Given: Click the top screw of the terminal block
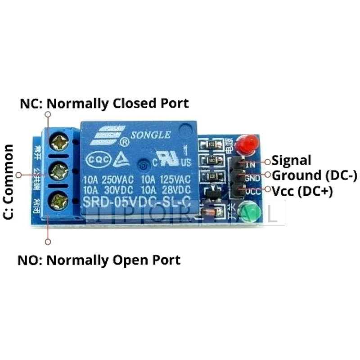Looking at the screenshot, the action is (59, 143).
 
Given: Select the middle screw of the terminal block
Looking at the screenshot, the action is (58, 171).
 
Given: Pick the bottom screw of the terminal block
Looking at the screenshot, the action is (58, 200).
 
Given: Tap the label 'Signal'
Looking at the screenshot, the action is (292, 160).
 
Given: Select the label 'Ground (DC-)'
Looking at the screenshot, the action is (315, 175).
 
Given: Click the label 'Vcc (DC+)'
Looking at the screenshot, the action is (302, 191).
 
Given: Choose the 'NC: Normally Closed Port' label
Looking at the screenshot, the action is (104, 103).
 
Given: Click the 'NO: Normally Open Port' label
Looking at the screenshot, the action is (99, 260).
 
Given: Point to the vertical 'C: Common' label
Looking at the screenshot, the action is (8, 181).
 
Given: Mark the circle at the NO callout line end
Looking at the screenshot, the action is (48, 242).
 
